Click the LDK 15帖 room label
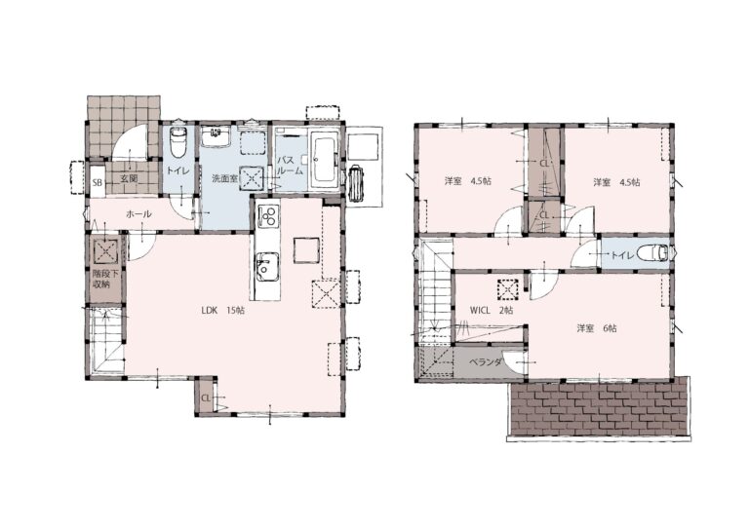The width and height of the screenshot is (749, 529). (222, 310)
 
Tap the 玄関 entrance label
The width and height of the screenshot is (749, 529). (129, 179)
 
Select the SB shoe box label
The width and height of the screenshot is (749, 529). (97, 182)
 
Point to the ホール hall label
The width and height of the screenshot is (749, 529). (139, 214)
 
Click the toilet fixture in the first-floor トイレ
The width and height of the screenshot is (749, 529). (177, 141)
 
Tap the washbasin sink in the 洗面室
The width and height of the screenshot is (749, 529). (216, 136)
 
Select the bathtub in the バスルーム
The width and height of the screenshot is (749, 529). (325, 157)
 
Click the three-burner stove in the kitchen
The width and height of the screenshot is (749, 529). (268, 214)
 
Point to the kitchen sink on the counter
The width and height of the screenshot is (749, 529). (267, 266)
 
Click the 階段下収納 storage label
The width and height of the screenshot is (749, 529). (101, 280)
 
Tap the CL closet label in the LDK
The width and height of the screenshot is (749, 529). (206, 397)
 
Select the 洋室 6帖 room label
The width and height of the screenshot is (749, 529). (597, 328)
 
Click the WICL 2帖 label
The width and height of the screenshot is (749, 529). (492, 310)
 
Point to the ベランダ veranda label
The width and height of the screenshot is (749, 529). (485, 362)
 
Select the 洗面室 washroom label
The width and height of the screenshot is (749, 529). (224, 179)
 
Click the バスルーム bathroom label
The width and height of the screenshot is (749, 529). (291, 165)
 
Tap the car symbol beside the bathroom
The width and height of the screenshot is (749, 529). (356, 183)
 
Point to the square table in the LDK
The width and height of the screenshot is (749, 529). (306, 250)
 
